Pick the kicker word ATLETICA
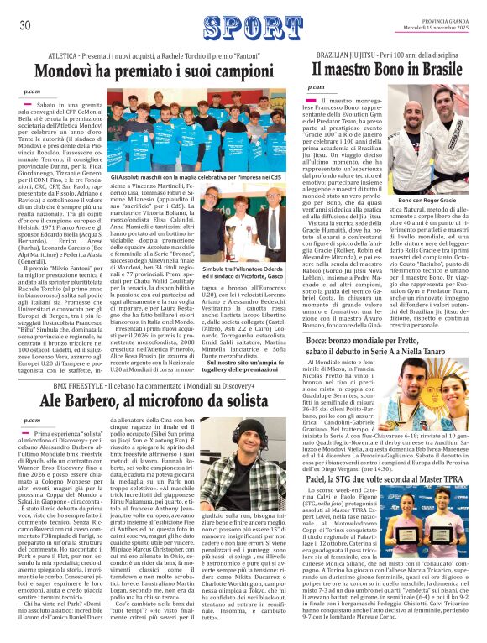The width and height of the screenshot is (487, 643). coord(65,52)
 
